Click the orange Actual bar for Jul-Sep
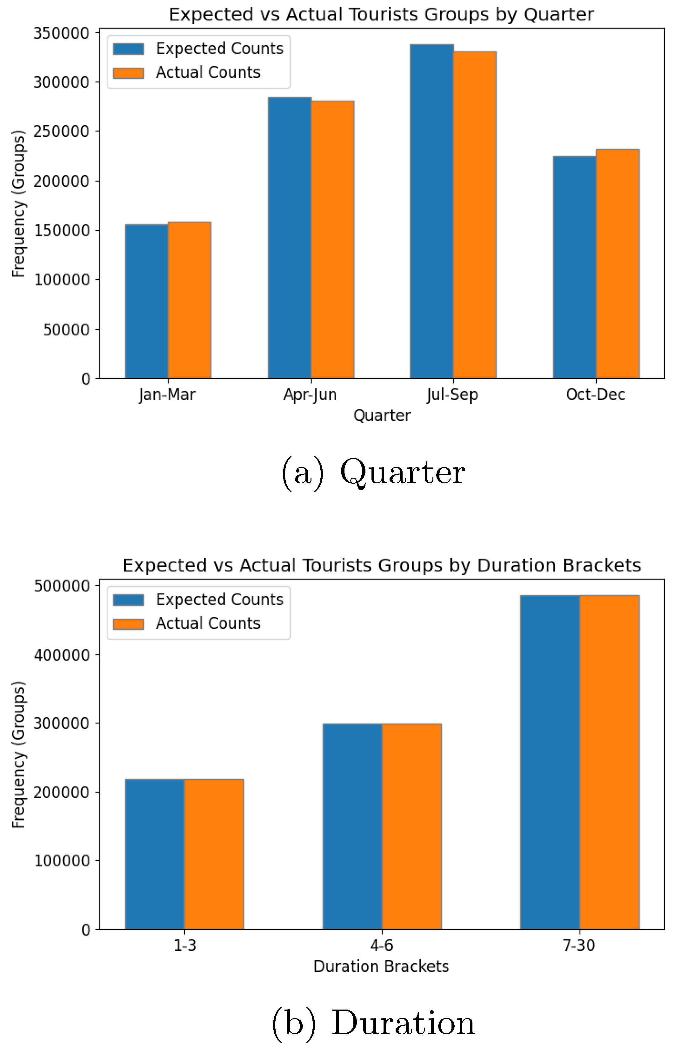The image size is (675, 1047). pos(475,215)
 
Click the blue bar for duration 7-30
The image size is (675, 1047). pos(550,762)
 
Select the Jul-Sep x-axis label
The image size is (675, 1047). pos(453,395)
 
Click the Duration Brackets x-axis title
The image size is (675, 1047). pos(381,966)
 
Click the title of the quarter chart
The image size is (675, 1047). pos(381,15)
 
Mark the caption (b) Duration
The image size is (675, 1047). pos(373,1023)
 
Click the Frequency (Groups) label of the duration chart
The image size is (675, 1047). pos(18,754)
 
